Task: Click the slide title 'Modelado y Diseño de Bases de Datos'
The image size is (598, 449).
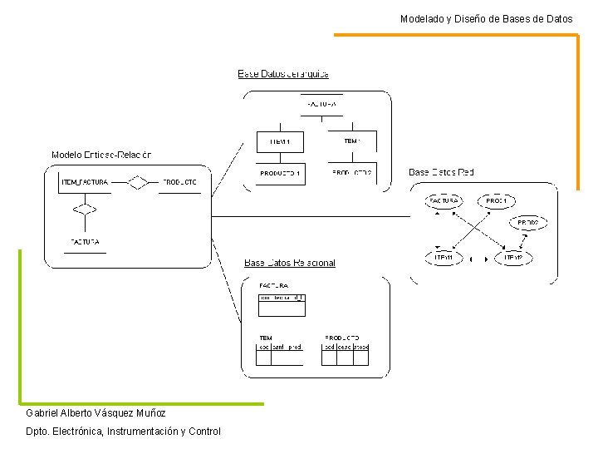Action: pos(486,18)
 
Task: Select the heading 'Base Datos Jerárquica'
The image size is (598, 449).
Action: pos(283,74)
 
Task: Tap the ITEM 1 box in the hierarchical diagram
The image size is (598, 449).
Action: pos(280,142)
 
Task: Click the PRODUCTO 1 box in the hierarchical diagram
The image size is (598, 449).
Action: pos(280,174)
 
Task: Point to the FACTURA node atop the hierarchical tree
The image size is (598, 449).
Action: pos(321,105)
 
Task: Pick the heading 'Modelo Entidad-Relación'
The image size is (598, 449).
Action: pos(101,155)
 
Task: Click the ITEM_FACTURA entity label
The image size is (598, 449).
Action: pos(85,182)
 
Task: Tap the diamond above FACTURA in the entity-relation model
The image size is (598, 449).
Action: pos(81,210)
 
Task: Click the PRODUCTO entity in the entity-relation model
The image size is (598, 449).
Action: pos(179,182)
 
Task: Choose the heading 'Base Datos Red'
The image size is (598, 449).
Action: pos(441,173)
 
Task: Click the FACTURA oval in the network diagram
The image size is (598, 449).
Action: pos(443,201)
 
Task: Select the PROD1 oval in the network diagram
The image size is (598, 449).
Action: pos(497,201)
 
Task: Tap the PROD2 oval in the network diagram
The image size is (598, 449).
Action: pos(528,224)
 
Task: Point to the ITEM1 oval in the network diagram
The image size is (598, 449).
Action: pos(444,258)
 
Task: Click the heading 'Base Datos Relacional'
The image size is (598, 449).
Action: pos(290,263)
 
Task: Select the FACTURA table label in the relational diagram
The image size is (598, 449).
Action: pos(274,285)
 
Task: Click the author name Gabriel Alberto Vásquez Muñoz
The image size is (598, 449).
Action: pos(96,413)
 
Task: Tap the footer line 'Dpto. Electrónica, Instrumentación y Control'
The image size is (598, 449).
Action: pos(123,432)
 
